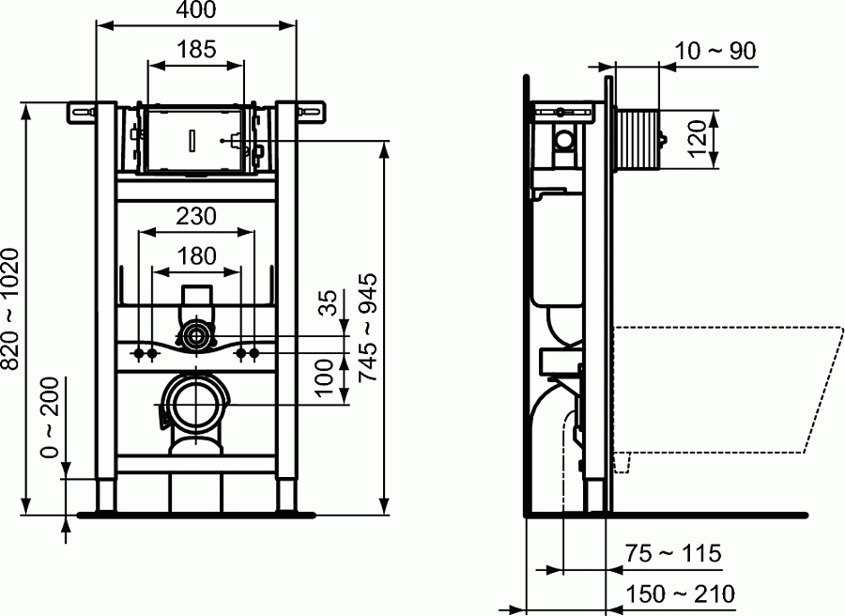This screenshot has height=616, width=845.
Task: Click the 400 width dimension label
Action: coord(196,11)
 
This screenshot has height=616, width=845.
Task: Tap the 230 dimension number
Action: coord(196,216)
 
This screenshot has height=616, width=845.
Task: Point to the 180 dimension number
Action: coord(196,255)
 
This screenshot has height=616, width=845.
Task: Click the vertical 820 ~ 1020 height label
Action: coord(11,309)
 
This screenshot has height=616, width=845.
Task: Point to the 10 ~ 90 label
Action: coord(716,51)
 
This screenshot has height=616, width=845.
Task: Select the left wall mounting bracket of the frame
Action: coord(81,111)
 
